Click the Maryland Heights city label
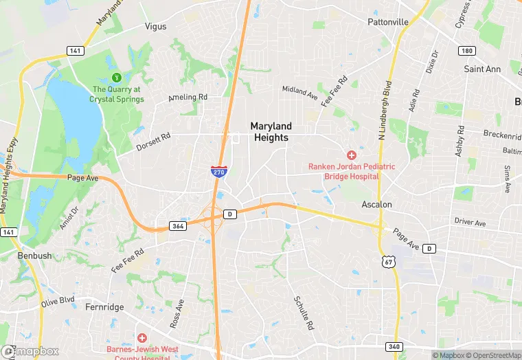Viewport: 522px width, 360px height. [271, 132]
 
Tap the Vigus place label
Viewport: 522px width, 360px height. [155, 27]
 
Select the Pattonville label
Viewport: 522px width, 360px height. [387, 22]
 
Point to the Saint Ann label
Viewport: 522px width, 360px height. [482, 69]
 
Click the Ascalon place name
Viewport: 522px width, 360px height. [377, 205]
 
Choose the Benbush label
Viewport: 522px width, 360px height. [34, 256]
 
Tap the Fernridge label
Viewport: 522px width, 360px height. [104, 307]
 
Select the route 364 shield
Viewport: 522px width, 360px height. [177, 226]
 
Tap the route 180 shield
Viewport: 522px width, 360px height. [467, 51]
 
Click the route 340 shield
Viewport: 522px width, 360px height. [394, 347]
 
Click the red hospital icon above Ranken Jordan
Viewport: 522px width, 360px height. [352, 156]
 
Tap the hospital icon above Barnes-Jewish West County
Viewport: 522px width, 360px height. [141, 338]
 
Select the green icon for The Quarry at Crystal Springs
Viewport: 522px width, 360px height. [117, 78]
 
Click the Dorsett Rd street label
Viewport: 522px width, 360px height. [152, 142]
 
